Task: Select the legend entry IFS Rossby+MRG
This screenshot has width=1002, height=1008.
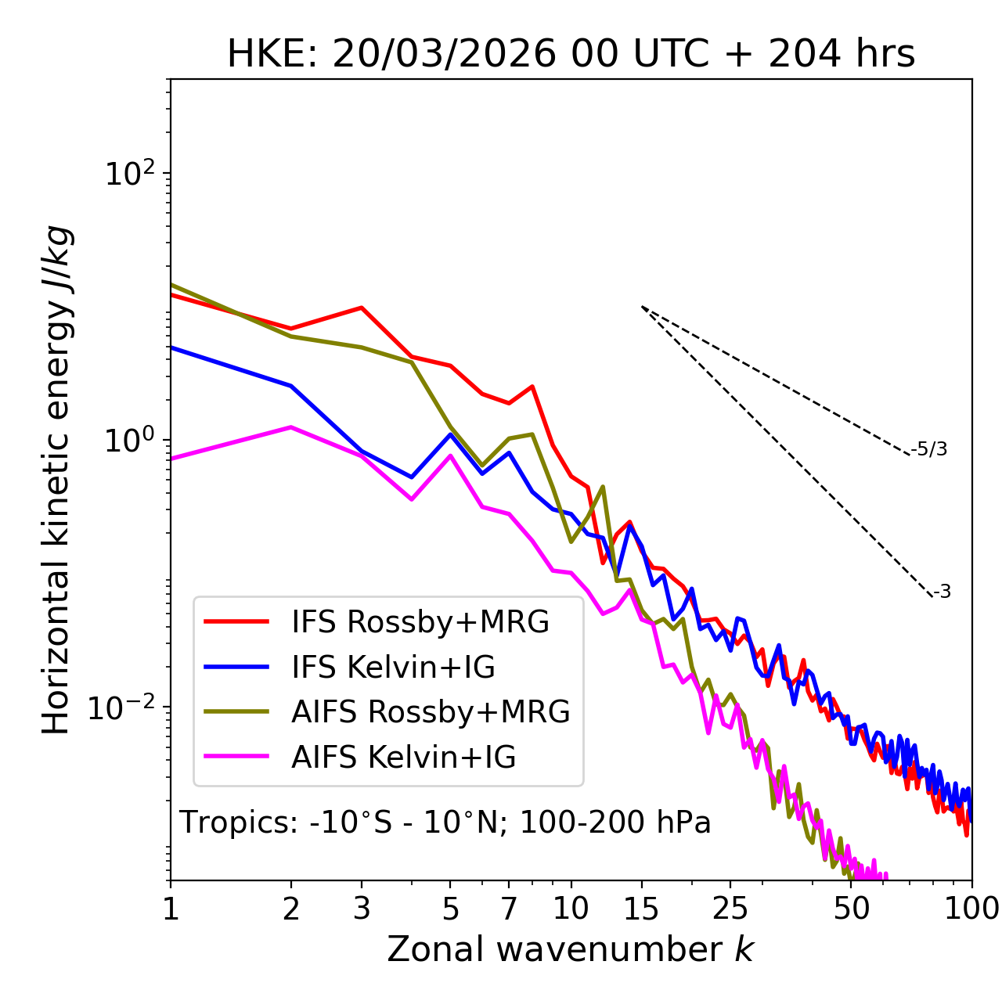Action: click(420, 622)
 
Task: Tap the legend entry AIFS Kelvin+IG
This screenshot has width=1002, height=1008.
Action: click(403, 758)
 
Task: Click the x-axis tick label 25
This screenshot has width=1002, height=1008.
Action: click(730, 909)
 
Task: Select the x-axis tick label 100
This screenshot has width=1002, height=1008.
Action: click(971, 909)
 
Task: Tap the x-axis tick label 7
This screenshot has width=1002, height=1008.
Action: click(509, 909)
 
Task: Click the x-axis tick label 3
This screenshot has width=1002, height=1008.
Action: click(362, 909)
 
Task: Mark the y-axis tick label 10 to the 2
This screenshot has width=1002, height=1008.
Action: click(129, 174)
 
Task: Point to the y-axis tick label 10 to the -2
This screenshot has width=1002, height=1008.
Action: click(125, 707)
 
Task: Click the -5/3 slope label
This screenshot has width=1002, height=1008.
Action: click(929, 450)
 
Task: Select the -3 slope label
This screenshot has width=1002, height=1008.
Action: click(942, 592)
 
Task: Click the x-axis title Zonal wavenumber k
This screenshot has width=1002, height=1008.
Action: click(571, 950)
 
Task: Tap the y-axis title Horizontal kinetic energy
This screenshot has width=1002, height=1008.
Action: click(56, 481)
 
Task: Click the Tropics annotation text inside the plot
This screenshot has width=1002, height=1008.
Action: click(445, 823)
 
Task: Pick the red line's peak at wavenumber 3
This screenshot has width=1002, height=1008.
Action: click(362, 308)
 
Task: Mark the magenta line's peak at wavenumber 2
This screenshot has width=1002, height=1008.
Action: click(291, 427)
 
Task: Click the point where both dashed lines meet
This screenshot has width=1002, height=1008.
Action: click(642, 307)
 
